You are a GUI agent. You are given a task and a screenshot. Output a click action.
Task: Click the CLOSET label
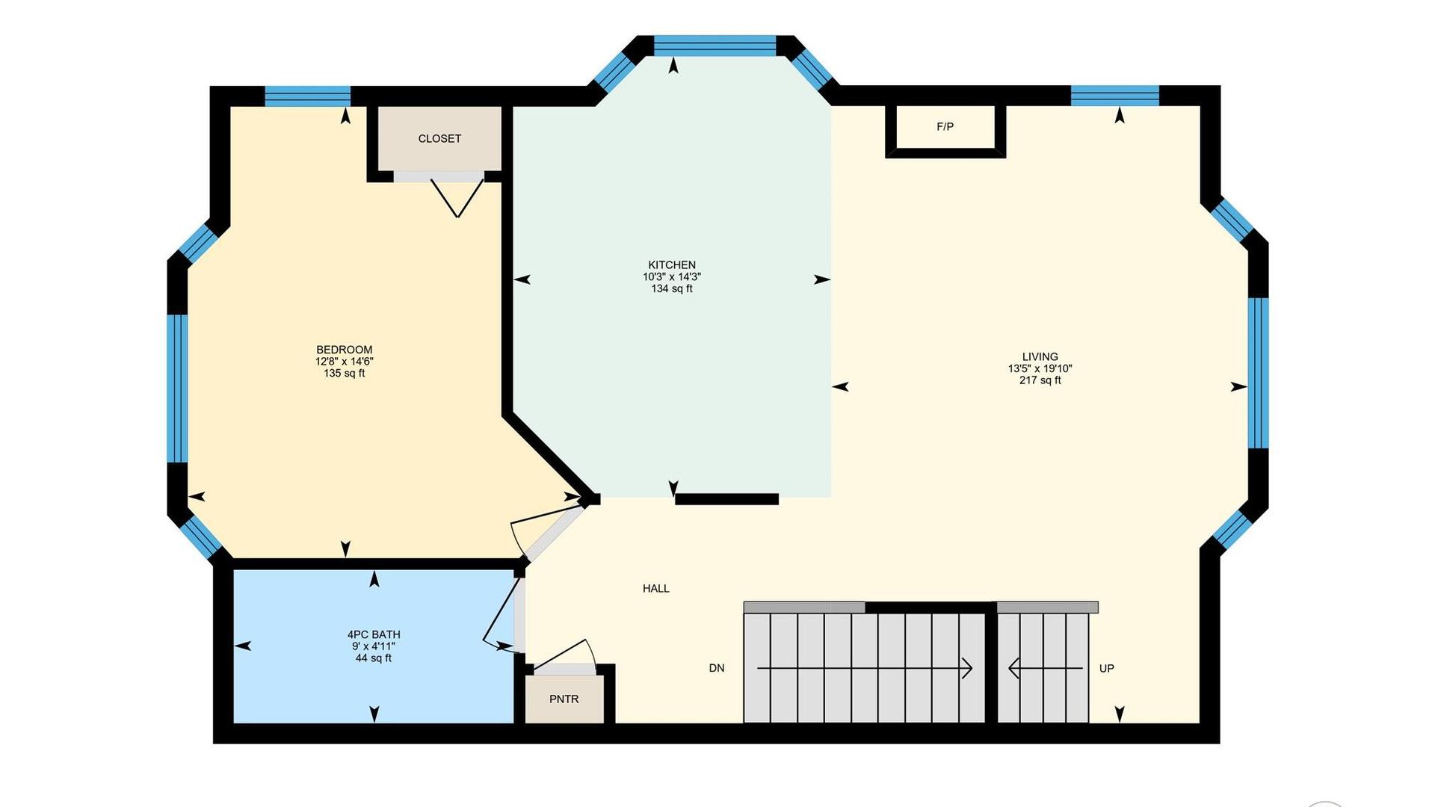tap(439, 139)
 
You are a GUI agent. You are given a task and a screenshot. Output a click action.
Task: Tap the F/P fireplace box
tap(945, 132)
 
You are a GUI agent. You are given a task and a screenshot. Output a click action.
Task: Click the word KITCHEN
tap(672, 265)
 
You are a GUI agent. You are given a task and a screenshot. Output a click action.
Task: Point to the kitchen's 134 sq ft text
tap(672, 288)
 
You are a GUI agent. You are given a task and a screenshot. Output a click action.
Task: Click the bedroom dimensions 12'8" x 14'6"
tap(345, 361)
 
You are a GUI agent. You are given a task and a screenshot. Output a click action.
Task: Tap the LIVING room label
tap(1040, 356)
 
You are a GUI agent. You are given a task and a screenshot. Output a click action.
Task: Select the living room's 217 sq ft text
tap(1040, 380)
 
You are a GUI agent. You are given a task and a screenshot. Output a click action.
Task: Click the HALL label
tap(656, 589)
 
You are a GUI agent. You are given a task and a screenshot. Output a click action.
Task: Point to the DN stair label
tap(717, 668)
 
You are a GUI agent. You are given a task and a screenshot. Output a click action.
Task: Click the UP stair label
tap(1107, 668)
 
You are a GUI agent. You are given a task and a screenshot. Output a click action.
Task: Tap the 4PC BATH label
tap(374, 634)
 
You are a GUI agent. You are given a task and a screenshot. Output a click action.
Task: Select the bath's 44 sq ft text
tap(374, 658)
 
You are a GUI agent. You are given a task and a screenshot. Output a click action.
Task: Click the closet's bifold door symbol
tap(457, 199)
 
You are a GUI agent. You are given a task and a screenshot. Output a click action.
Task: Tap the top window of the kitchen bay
tap(715, 46)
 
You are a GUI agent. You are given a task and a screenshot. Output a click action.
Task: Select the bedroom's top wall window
tap(308, 96)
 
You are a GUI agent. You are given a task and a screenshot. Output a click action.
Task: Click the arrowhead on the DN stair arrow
tap(967, 668)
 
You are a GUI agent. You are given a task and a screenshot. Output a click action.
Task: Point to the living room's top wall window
tap(1115, 96)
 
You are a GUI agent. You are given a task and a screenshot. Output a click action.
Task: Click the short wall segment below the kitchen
tap(727, 499)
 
